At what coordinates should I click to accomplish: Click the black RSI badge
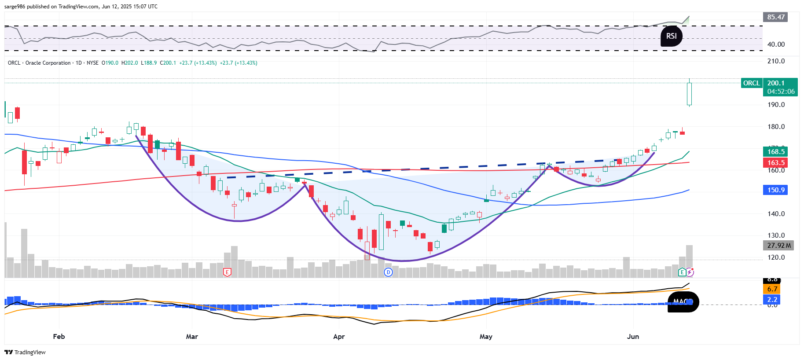(x=671, y=36)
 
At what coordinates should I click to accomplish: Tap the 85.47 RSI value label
(x=775, y=17)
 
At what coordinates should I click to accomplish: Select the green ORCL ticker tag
(x=751, y=83)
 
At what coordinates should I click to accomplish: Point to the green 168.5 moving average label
(x=775, y=152)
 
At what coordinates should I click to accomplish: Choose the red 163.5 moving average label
(x=775, y=163)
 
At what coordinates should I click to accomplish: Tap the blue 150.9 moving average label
(x=775, y=190)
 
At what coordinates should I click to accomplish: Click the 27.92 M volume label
(x=778, y=246)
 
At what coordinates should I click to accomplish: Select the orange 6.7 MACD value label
(x=772, y=289)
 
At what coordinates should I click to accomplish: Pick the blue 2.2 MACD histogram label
(x=772, y=300)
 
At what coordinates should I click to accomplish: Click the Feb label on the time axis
(x=59, y=337)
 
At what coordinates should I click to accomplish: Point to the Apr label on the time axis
(x=339, y=337)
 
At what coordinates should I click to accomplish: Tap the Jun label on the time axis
(x=633, y=337)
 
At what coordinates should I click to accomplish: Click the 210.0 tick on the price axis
(x=776, y=61)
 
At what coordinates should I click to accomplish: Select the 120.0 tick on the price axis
(x=776, y=257)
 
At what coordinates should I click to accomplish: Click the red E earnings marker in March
(x=227, y=272)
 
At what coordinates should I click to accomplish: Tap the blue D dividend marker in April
(x=388, y=272)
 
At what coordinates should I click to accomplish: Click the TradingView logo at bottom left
(x=25, y=352)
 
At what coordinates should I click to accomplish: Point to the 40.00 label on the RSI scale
(x=776, y=44)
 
